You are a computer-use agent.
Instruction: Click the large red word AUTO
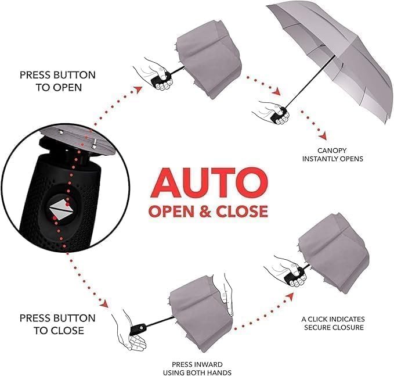[x=209, y=182]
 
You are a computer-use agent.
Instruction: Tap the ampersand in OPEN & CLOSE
[x=205, y=211]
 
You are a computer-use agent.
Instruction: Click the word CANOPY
[x=332, y=151]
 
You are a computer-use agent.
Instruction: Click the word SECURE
[x=317, y=327]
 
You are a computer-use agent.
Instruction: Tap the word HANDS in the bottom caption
[x=221, y=373]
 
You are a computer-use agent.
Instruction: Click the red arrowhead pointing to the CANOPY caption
[x=323, y=137]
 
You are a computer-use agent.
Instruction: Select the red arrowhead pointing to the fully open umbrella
[x=277, y=92]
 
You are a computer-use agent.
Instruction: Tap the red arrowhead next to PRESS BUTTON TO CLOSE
[x=104, y=303]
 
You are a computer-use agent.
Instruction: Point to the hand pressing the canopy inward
[x=226, y=296]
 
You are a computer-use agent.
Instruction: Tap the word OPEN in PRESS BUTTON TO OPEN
[x=68, y=87]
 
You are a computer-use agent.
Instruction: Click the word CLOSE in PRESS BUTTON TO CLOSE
[x=68, y=330]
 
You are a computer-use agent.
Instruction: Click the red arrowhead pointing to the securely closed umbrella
[x=291, y=296]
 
